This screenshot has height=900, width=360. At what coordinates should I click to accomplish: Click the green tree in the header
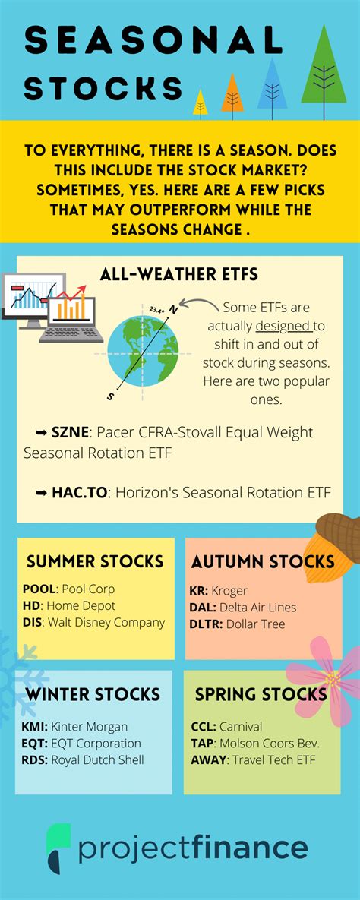coord(324,71)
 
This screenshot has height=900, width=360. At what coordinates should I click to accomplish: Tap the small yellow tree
coord(201,104)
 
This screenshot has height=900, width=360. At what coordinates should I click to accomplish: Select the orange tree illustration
coord(232,95)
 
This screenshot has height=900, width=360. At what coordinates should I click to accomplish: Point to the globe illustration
coord(143,351)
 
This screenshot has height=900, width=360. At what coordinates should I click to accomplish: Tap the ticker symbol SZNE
coord(65,431)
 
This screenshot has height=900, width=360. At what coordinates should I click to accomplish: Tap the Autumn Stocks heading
coord(263,561)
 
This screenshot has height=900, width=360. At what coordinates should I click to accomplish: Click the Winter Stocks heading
coord(93,694)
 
